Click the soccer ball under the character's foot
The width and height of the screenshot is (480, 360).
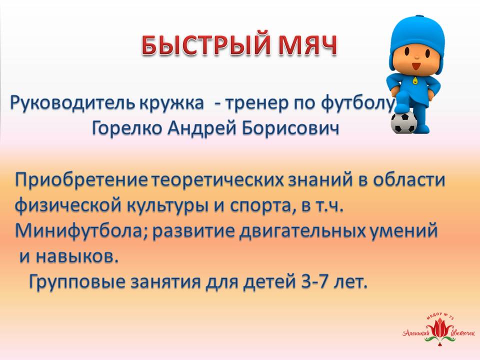coord(404,122)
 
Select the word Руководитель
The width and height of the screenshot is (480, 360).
coord(72,103)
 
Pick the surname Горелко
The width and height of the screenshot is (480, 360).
coord(126,128)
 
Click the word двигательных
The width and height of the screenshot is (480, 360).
coord(302,231)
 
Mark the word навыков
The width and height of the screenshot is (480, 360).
coord(77,256)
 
